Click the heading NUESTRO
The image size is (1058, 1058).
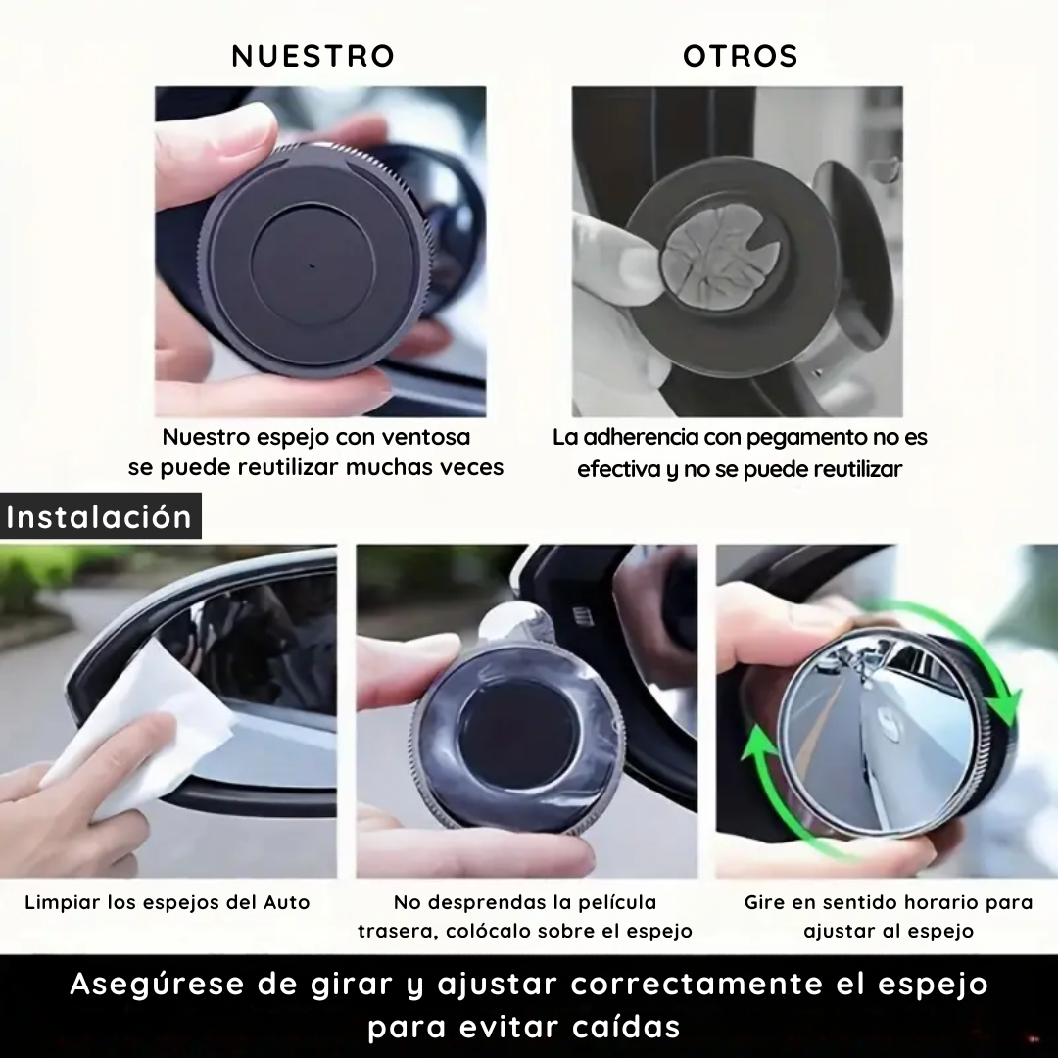point(313,56)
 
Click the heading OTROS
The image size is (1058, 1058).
point(741,56)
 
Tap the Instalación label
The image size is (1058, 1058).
point(99,516)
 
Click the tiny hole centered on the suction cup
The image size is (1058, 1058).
point(313,264)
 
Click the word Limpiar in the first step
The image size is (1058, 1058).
point(61,902)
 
